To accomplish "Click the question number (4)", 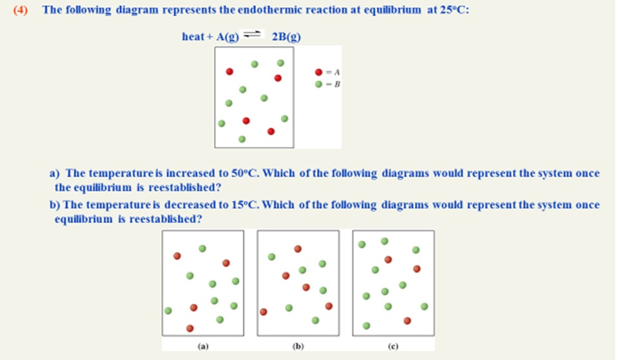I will [x=21, y=10].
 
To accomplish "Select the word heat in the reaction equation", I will [x=193, y=37].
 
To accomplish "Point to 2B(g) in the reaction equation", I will [x=287, y=37].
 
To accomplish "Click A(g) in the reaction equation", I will [x=227, y=37].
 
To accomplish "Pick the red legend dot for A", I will [x=319, y=73].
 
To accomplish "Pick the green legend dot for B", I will [x=319, y=84].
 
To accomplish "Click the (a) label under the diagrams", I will [x=203, y=346].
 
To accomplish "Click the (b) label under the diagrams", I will [x=298, y=346].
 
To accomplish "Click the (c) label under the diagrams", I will [x=393, y=346].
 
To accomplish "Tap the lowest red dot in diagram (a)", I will [x=189, y=328].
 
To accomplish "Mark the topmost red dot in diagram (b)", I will [x=298, y=249].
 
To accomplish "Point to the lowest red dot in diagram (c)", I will [x=407, y=320].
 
